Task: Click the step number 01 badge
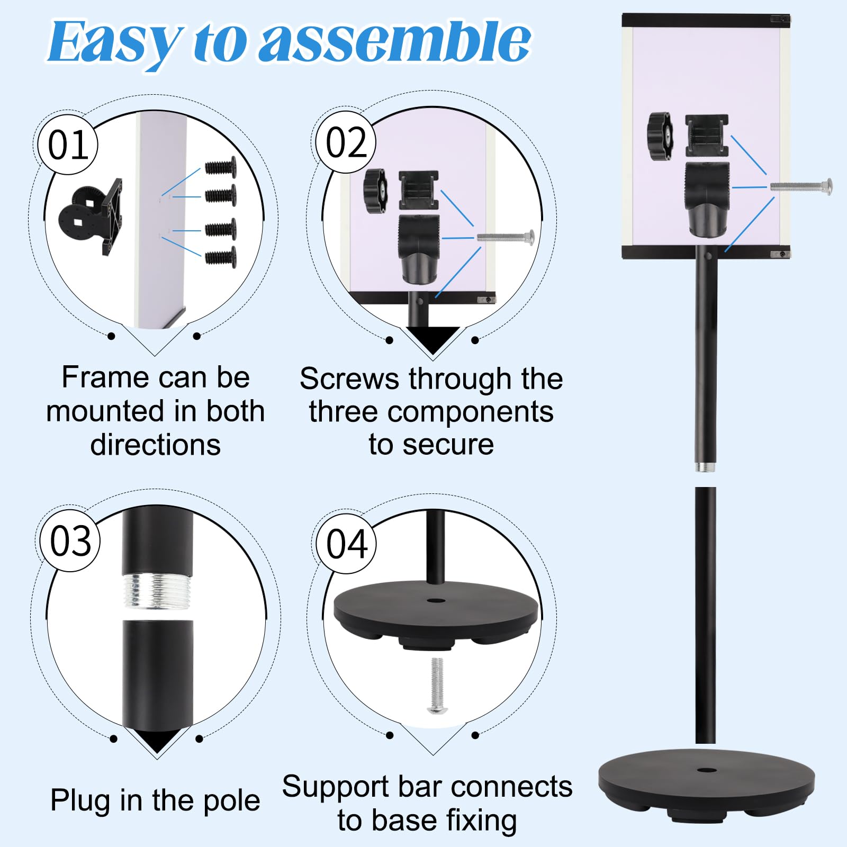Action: pyautogui.click(x=68, y=145)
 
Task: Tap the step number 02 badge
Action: pyautogui.click(x=346, y=142)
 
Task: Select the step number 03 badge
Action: pyautogui.click(x=70, y=541)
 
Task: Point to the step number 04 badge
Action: pyautogui.click(x=347, y=544)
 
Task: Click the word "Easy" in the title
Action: pyautogui.click(x=114, y=42)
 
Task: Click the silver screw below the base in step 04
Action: pyautogui.click(x=437, y=686)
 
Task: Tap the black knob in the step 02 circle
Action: pyautogui.click(x=375, y=191)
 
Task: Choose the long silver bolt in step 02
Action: pyautogui.click(x=506, y=237)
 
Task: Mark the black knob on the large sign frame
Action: pyautogui.click(x=660, y=136)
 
